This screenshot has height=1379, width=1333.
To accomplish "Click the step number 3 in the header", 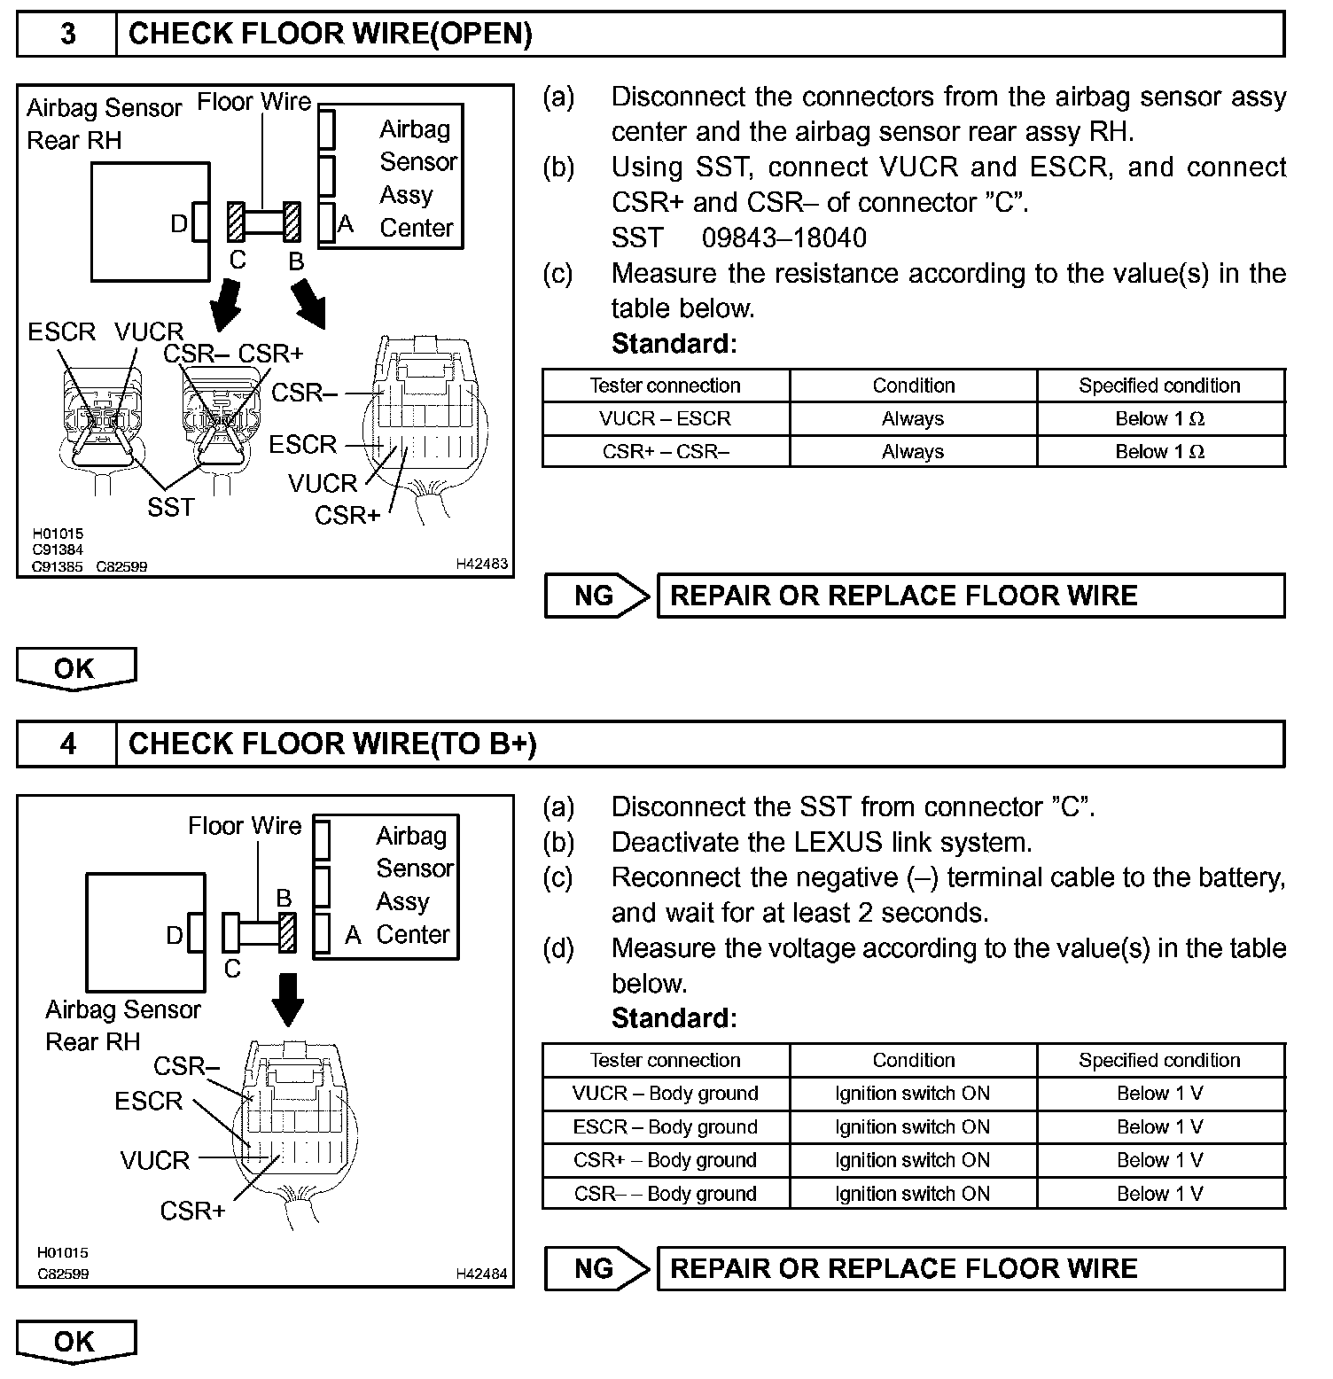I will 67,35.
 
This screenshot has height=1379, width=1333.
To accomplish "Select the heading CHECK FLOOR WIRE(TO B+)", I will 332,744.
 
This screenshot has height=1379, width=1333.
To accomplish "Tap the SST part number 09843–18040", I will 783,238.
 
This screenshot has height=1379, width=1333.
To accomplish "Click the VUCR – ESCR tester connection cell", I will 665,418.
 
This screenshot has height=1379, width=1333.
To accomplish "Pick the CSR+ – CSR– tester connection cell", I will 665,451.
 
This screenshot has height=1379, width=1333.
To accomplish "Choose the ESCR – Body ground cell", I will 665,1126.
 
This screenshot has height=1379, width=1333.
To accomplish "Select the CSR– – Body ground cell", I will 665,1193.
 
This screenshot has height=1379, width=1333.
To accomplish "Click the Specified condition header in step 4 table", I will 1159,1060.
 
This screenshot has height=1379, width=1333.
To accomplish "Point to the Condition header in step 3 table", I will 913,386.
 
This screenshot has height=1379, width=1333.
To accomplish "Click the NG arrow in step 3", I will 596,596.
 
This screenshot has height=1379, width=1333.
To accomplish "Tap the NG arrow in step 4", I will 596,1268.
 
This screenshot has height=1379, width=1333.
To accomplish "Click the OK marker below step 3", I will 75,668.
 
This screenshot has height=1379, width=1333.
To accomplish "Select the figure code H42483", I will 482,564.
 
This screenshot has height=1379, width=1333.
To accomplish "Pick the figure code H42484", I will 482,1274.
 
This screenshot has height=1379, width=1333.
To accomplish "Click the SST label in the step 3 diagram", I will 170,507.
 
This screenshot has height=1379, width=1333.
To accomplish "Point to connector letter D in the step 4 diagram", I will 175,935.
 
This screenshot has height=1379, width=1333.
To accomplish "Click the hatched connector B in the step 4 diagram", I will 287,932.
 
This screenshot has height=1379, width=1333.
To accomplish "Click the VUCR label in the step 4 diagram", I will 155,1160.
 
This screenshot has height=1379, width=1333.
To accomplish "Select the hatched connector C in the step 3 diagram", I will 236,222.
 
